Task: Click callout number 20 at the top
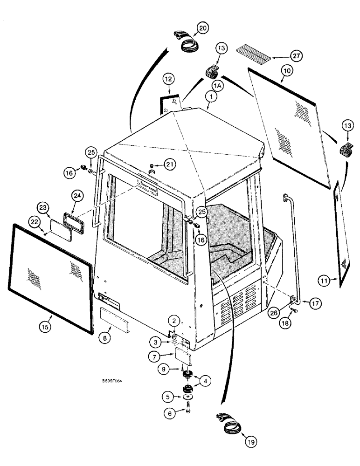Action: coord(202,28)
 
